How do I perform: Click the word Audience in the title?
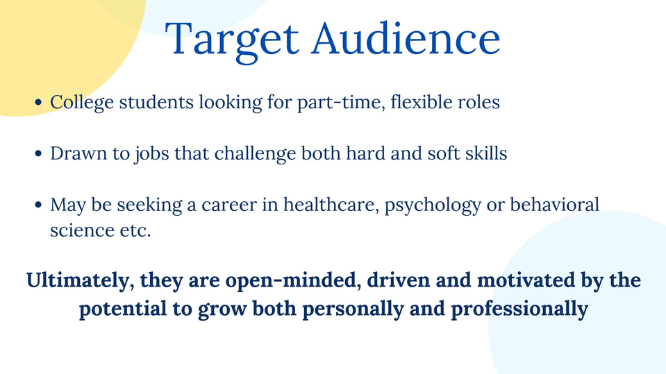pyautogui.click(x=406, y=38)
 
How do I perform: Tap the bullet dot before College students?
pyautogui.click(x=38, y=102)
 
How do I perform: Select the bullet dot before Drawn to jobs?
pyautogui.click(x=38, y=153)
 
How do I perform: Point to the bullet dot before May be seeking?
pyautogui.click(x=38, y=205)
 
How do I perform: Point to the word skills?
pyautogui.click(x=486, y=153)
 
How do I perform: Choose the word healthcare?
pyautogui.click(x=331, y=205)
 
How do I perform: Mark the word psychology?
pyautogui.click(x=433, y=206)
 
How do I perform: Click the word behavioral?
pyautogui.click(x=554, y=205)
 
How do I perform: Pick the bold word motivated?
pyautogui.click(x=524, y=280)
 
